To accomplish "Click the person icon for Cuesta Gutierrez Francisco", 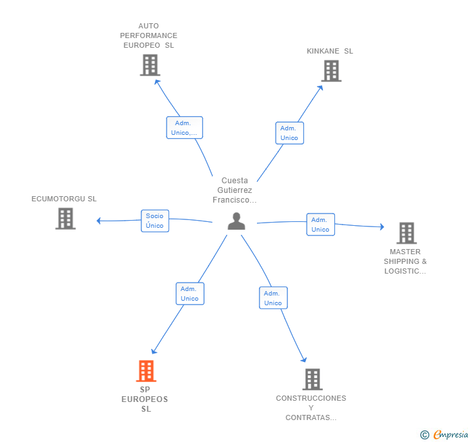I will click(236, 221).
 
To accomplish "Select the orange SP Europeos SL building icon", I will click(146, 371).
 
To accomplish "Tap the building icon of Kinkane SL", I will click(331, 71).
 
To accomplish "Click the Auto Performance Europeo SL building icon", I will click(150, 65).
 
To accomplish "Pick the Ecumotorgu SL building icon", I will click(65, 219).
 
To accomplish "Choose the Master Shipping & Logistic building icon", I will click(406, 233).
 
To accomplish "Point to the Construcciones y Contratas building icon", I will click(312, 379).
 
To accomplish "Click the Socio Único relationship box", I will click(155, 221).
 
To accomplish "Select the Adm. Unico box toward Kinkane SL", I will click(289, 133).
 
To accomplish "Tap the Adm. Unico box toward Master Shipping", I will click(320, 225).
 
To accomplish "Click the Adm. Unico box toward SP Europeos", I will click(190, 294).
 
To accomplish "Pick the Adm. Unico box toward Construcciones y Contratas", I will click(273, 298).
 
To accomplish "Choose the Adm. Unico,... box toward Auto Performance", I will click(185, 128).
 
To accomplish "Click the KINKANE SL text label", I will click(330, 51).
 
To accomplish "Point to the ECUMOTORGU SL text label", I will click(64, 199).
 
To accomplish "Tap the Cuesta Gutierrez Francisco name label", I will click(234, 190).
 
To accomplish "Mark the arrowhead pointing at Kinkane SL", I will click(320, 88).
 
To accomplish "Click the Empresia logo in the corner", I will click(445, 434).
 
